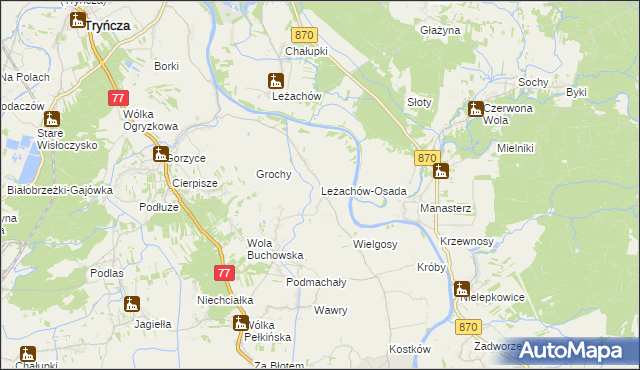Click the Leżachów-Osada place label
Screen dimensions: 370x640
tap(364, 191)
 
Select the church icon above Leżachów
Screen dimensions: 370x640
tap(276, 81)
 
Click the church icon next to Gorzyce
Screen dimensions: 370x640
tap(160, 154)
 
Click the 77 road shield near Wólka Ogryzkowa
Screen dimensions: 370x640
tap(118, 98)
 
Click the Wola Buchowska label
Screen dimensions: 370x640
tap(275, 248)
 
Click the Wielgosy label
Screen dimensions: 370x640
tap(375, 244)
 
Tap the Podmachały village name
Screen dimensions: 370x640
tap(316, 283)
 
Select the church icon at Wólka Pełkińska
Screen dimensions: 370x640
tap(240, 322)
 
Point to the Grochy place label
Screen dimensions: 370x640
tap(274, 174)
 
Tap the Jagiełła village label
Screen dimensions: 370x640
tap(148, 324)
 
